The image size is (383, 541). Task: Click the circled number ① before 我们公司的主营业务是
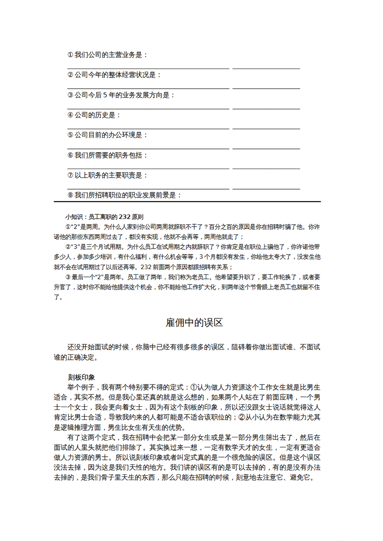(x=70, y=55)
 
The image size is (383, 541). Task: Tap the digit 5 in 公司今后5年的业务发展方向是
(x=105, y=95)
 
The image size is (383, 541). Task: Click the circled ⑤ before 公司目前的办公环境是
(x=70, y=135)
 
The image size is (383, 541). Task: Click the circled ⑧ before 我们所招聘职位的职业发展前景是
(x=70, y=195)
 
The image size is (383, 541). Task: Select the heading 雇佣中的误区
(x=194, y=323)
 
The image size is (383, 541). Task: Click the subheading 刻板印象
(x=81, y=378)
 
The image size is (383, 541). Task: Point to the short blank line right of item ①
(x=266, y=69)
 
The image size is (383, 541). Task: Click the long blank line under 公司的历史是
(x=148, y=129)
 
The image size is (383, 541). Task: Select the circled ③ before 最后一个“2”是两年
(x=68, y=277)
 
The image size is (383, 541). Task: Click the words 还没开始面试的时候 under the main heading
(x=98, y=347)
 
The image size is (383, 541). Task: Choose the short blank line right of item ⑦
(x=266, y=189)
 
